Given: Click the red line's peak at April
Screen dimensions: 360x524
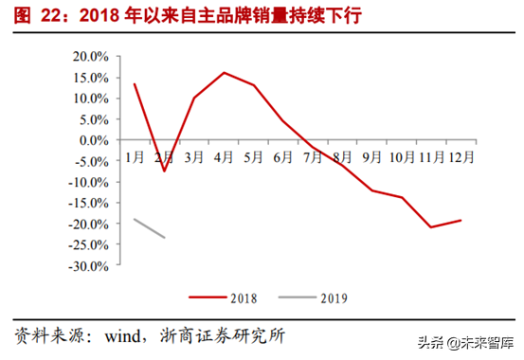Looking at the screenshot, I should click(x=224, y=72).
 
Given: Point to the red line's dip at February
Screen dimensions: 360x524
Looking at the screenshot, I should click(x=164, y=171).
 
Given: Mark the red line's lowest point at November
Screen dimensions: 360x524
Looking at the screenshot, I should click(x=431, y=227).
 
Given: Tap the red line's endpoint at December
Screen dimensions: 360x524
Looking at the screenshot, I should click(x=461, y=221).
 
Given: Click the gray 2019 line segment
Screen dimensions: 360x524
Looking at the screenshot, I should click(x=150, y=228).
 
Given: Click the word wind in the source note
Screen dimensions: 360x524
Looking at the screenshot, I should click(x=126, y=335).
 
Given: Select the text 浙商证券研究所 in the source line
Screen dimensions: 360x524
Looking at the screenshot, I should click(x=224, y=335).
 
